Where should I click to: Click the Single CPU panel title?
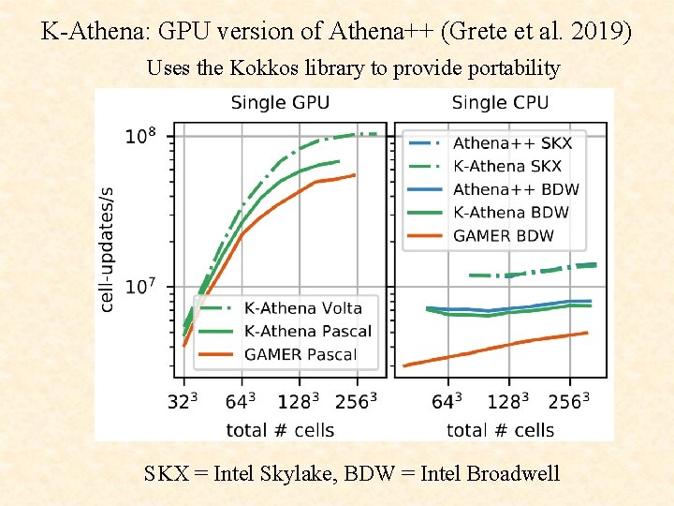[x=500, y=102]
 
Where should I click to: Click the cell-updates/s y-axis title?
[x=109, y=248]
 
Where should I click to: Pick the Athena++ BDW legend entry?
[x=516, y=189]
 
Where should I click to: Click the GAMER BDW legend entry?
[x=504, y=235]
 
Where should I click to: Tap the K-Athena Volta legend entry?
[x=302, y=308]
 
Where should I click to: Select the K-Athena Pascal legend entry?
[x=307, y=331]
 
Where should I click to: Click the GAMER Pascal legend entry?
[x=300, y=354]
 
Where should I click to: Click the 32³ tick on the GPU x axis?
[x=183, y=402]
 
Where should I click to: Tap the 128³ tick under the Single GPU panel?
[x=299, y=402]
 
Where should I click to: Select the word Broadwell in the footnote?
[x=509, y=473]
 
